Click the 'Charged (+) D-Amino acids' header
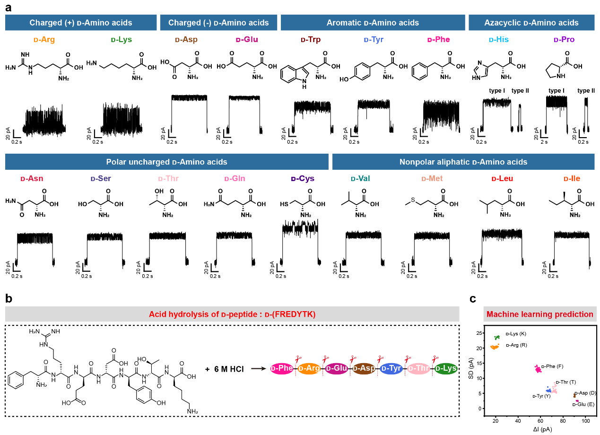(81, 23)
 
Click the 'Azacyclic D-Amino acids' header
(531, 23)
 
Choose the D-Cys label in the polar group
(303, 179)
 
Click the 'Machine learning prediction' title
(539, 314)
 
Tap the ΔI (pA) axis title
(540, 429)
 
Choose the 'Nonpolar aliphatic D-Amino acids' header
(463, 162)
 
